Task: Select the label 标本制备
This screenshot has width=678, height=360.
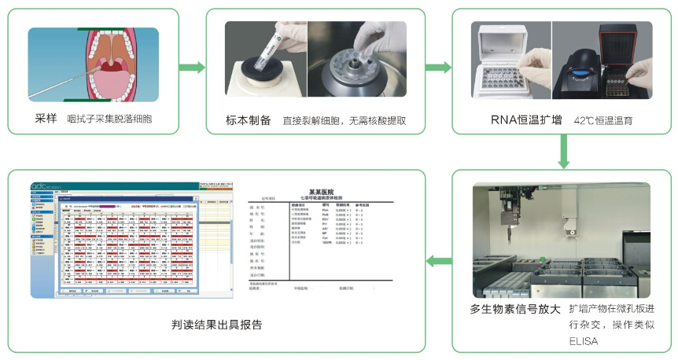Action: click(248, 120)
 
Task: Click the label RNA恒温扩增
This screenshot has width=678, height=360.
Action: click(519, 120)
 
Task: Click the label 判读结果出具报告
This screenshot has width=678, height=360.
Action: click(216, 324)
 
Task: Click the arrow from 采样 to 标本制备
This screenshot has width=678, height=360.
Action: click(192, 67)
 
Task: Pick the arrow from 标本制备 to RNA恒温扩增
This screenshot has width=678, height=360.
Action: click(439, 67)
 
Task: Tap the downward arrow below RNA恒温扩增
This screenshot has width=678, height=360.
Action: click(562, 151)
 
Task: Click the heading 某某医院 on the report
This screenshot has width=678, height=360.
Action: click(324, 191)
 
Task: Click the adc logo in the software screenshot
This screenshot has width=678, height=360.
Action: click(41, 187)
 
